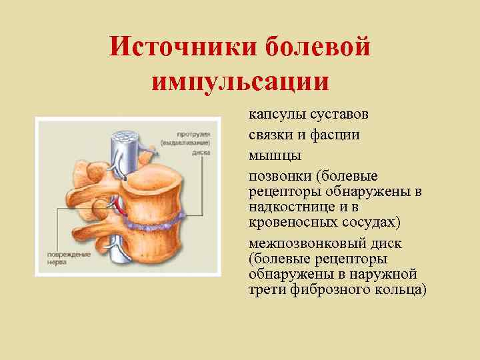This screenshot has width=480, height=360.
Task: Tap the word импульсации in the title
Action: [240, 81]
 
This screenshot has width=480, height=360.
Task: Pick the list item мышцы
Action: [275, 155]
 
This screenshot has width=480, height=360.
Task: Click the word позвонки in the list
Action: [280, 176]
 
